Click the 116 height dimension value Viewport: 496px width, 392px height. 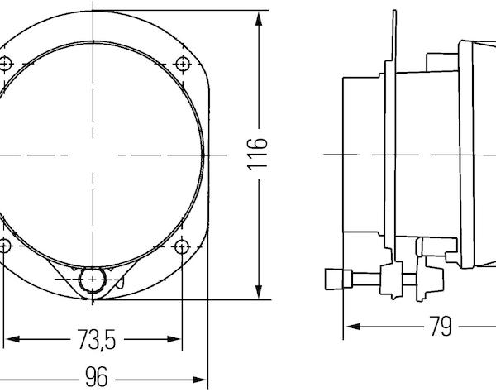pyautogui.click(x=257, y=155)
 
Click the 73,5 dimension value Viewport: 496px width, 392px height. pyautogui.click(x=97, y=339)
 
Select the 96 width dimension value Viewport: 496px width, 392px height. pyautogui.click(x=97, y=377)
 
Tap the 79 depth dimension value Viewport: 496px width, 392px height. pyautogui.click(x=441, y=326)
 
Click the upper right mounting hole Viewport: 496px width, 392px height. pyautogui.click(x=183, y=64)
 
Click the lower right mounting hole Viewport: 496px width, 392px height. pyautogui.click(x=182, y=246)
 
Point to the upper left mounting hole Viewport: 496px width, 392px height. pyautogui.click(x=4, y=65)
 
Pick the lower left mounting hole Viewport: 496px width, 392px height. pyautogui.click(x=4, y=246)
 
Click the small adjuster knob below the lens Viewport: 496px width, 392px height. pyautogui.click(x=93, y=280)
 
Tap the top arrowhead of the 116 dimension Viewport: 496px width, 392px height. pyautogui.click(x=259, y=19)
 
